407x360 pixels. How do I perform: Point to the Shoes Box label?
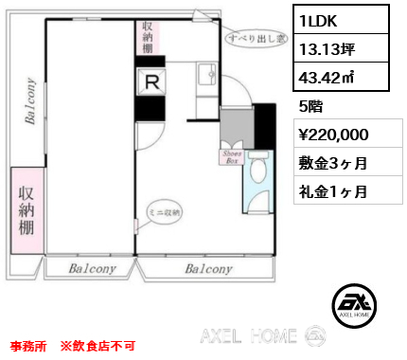[x=232, y=155]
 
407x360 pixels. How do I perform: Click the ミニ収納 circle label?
[x=165, y=214]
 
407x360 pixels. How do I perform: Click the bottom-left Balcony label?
[x=92, y=269]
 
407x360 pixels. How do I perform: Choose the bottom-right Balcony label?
[x=209, y=269]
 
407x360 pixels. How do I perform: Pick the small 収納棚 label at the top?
[x=148, y=37]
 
